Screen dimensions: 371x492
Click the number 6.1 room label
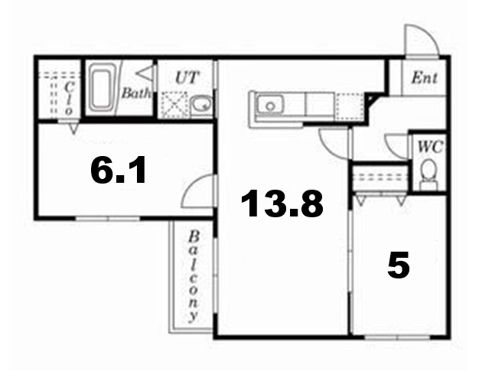click(118, 172)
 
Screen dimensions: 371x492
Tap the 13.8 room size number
click(282, 204)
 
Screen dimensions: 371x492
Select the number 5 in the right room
click(398, 265)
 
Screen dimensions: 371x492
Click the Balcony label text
click(194, 275)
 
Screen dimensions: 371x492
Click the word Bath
click(137, 93)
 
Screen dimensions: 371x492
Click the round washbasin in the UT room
click(203, 105)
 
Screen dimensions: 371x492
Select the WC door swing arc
click(398, 143)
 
